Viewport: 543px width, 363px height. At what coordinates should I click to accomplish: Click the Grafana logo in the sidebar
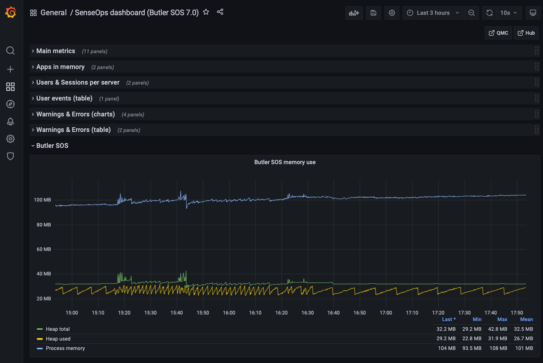(10, 13)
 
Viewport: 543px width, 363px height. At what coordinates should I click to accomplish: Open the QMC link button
(498, 33)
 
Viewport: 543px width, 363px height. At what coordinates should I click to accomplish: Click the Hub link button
(526, 33)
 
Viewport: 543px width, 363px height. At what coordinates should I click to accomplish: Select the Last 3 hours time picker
(433, 13)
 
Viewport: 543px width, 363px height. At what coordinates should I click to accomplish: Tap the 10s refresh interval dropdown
(509, 13)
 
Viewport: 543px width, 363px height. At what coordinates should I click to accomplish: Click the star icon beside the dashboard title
(206, 12)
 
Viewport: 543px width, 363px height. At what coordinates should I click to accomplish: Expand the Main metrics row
(56, 51)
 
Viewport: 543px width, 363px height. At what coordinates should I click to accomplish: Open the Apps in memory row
(60, 67)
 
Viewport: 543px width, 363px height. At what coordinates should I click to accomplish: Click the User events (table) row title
(64, 98)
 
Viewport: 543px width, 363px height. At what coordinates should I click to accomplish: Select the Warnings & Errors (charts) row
(76, 114)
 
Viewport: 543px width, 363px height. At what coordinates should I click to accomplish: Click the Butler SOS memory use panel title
(285, 162)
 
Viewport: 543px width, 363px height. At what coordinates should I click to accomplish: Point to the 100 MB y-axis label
(42, 200)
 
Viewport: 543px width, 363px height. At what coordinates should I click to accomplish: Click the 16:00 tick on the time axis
(229, 313)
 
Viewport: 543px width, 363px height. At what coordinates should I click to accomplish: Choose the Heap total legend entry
(58, 329)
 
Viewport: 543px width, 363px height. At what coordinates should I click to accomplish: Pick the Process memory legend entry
(65, 348)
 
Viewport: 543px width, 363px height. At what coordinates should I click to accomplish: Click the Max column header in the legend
(502, 319)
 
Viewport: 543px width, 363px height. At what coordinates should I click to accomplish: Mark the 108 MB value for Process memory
(498, 348)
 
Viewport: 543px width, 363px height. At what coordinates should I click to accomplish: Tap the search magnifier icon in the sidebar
(10, 51)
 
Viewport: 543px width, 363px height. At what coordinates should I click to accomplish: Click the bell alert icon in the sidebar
(10, 121)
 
